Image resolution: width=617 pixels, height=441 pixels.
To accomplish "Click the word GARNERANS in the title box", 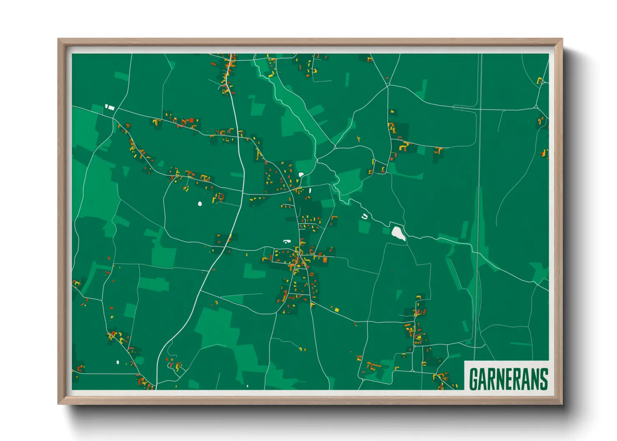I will click(508, 379).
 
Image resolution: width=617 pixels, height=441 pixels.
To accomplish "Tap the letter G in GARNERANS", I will click(474, 379).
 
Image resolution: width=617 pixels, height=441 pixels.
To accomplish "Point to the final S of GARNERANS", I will click(544, 379).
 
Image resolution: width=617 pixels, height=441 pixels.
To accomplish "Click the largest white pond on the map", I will click(398, 233).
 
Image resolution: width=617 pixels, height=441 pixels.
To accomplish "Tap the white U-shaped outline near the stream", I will click(365, 216).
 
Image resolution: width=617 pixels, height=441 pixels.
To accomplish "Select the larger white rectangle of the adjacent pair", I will click(111, 108).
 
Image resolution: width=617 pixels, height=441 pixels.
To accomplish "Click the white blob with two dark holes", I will click(286, 241).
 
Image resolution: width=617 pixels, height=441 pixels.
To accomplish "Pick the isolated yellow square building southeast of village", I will click(336, 310).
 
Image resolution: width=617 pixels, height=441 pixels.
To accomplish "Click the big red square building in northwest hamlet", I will click(192, 120).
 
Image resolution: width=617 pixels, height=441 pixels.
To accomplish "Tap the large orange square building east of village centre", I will click(325, 260).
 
